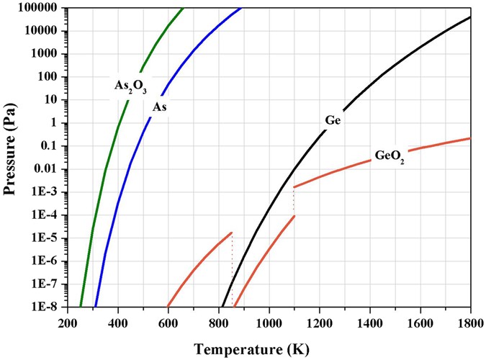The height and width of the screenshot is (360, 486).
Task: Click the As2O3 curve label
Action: click(x=130, y=86)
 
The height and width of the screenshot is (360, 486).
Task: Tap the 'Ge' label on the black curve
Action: click(x=333, y=120)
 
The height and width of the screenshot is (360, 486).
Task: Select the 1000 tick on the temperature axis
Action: click(x=269, y=321)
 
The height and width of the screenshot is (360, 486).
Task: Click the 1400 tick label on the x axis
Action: click(x=369, y=321)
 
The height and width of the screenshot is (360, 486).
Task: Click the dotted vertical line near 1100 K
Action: click(x=294, y=202)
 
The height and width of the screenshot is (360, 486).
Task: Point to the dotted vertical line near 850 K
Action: click(x=232, y=266)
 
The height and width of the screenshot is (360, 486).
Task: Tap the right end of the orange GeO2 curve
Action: click(x=469, y=138)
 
